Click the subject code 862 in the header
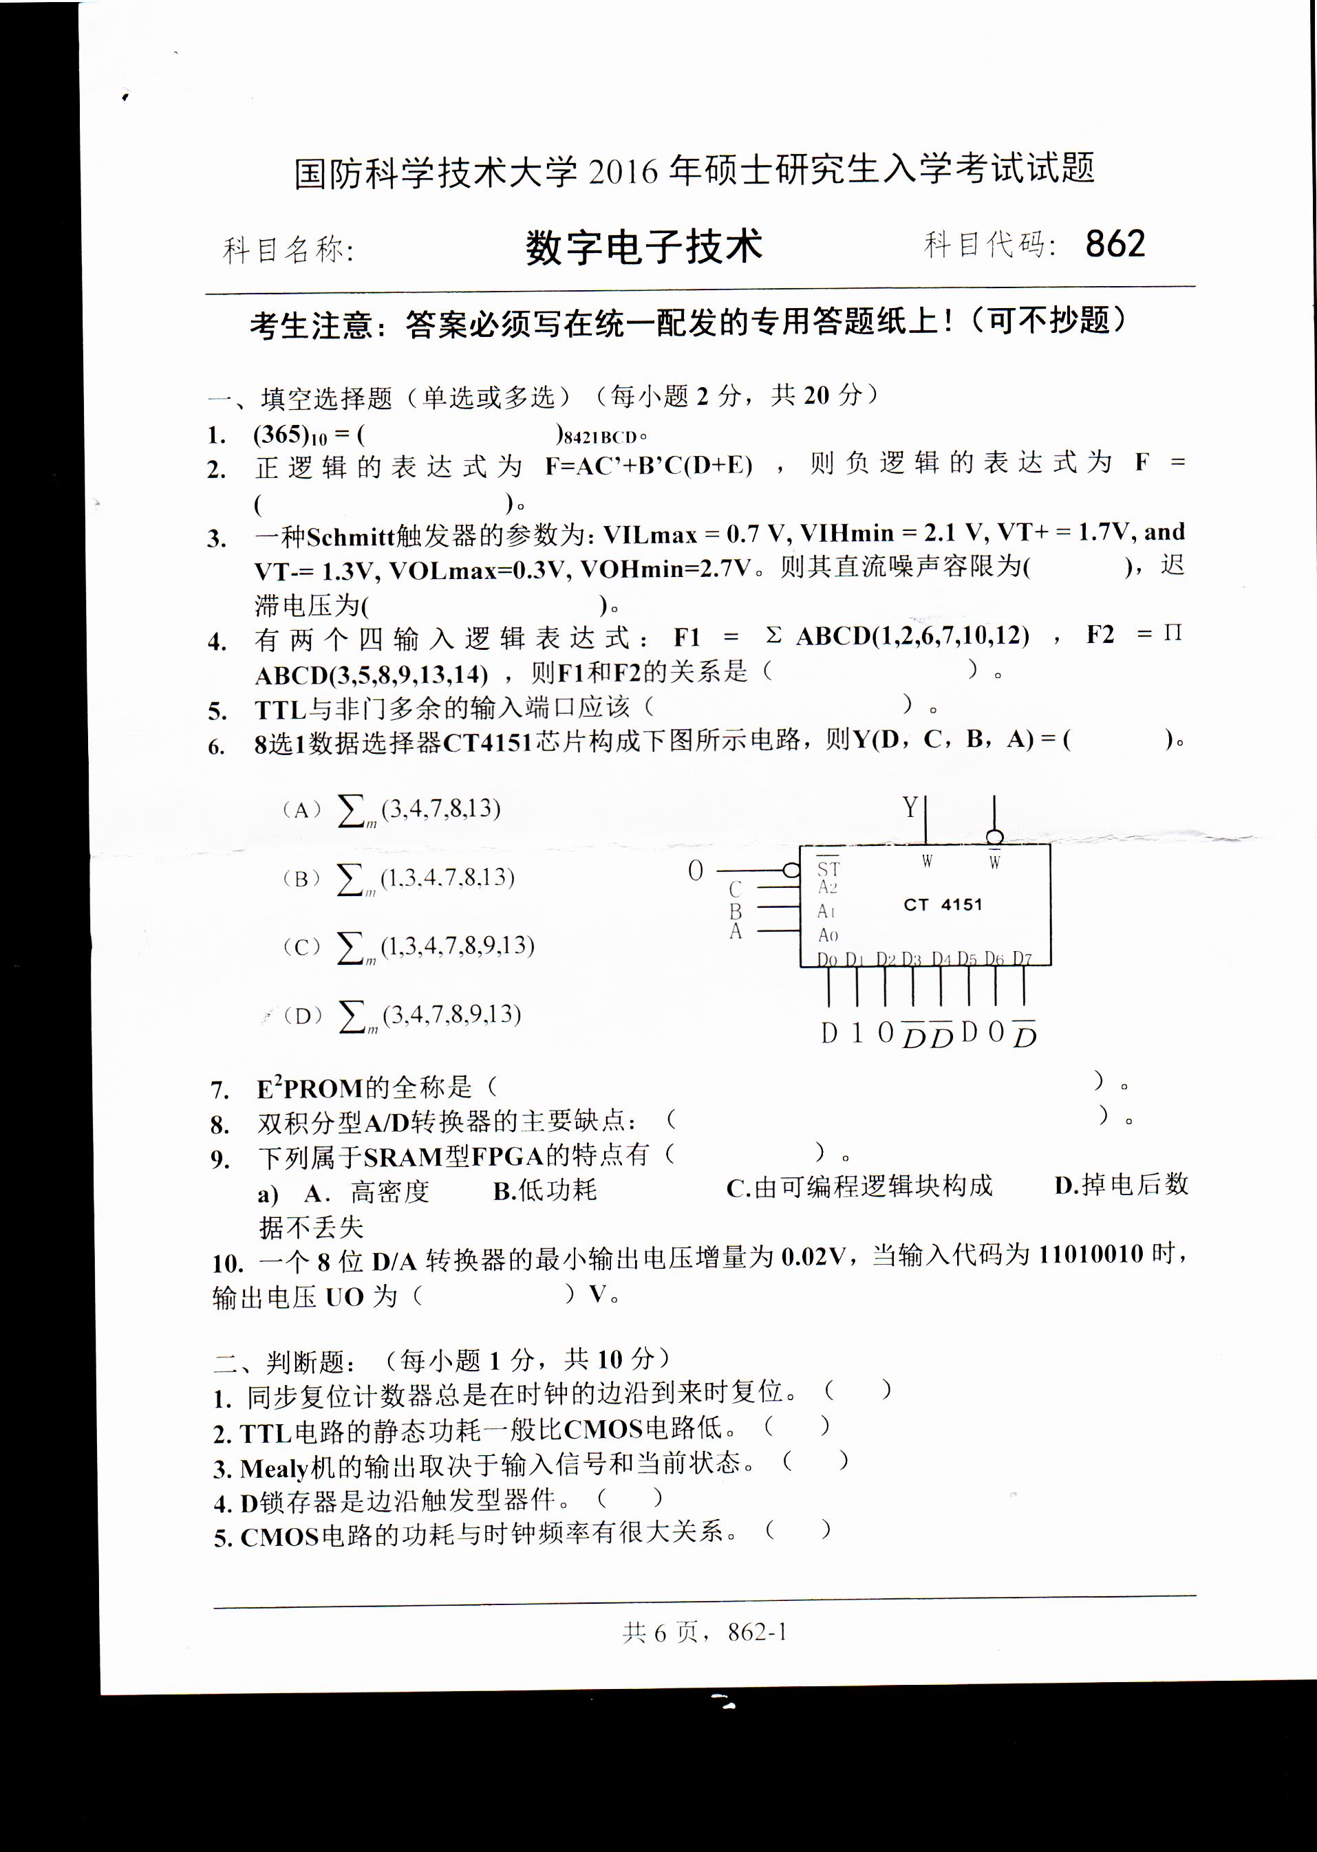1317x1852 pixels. pos(1115,244)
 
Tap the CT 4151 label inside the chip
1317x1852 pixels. pos(943,904)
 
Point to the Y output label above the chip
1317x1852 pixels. pos(910,807)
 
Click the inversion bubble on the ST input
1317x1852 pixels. pos(791,871)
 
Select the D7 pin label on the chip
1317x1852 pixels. pos(1022,959)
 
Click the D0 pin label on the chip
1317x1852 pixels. pos(826,959)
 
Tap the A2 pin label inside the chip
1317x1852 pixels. pos(827,889)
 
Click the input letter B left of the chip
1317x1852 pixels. pos(736,911)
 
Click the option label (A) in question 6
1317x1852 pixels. pos(301,809)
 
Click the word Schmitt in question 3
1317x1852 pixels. pos(350,536)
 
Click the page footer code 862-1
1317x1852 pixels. pos(758,1631)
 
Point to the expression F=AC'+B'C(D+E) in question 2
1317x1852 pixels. pos(649,465)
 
